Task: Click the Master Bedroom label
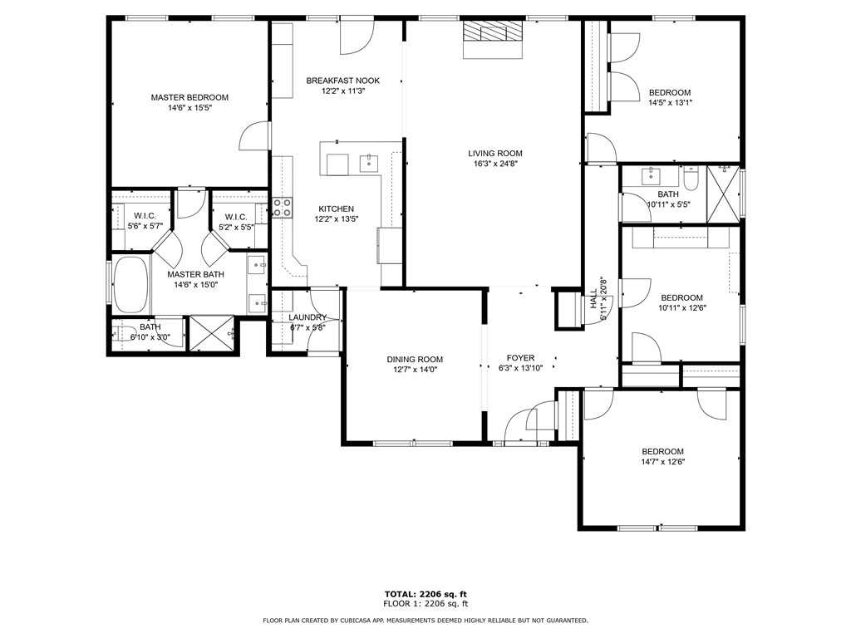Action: point(189,97)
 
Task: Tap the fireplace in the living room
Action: point(494,38)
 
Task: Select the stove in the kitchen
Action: point(282,207)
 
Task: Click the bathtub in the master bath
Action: point(130,282)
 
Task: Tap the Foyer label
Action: point(521,358)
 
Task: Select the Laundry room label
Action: point(307,317)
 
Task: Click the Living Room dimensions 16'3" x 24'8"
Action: point(494,164)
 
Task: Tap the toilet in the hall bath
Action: point(691,179)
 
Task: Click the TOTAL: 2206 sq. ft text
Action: point(425,594)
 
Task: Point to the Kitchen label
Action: point(335,209)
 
